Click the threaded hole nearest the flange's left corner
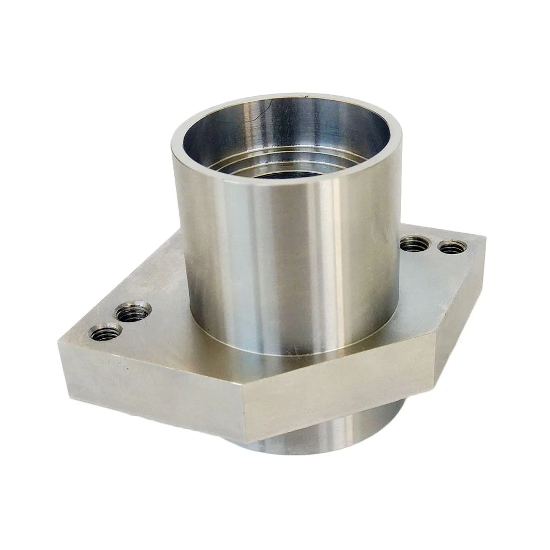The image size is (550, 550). pyautogui.click(x=105, y=332)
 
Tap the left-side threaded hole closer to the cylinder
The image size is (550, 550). pyautogui.click(x=133, y=312)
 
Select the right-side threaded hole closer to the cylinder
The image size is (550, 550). pyautogui.click(x=414, y=243)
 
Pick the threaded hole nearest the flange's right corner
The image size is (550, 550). pyautogui.click(x=453, y=247)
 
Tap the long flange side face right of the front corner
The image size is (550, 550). pyautogui.click(x=341, y=391)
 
